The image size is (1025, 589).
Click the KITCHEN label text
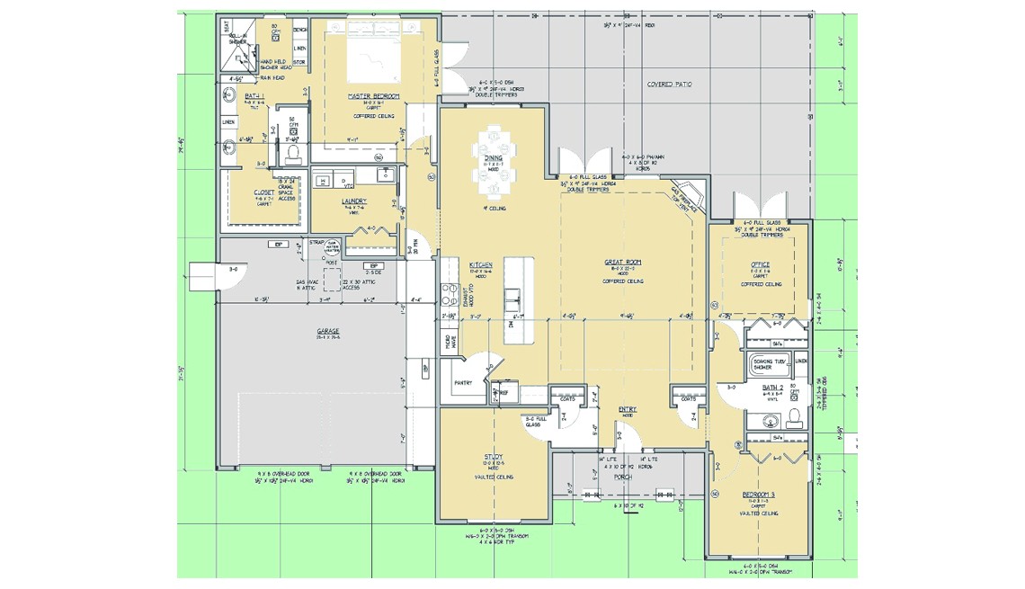480,265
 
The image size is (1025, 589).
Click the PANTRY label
464,382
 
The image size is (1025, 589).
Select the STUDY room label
493,456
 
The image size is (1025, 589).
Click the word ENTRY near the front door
628,409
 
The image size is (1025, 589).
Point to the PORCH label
623,477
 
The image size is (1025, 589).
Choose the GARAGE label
327,332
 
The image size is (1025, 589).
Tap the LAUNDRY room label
354,201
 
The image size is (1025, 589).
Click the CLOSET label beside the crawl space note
264,192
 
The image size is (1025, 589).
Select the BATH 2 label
773,387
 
